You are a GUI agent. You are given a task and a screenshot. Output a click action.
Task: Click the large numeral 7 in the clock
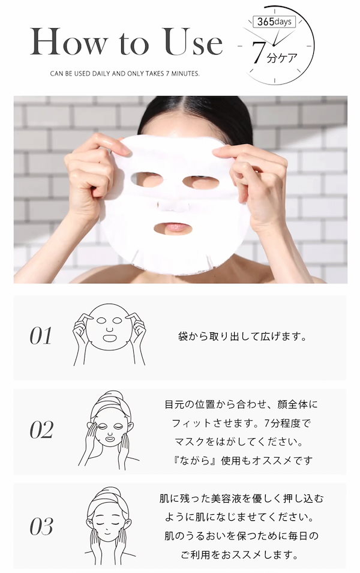[x=258, y=53]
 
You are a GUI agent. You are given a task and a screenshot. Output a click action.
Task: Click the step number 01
[x=41, y=336]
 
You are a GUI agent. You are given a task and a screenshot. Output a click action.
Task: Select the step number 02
[x=41, y=430]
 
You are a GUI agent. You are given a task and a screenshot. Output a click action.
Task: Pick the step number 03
[x=41, y=527]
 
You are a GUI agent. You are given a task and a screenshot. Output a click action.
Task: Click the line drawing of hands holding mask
[x=109, y=336]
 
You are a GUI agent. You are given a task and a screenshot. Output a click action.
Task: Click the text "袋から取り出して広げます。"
[x=242, y=336]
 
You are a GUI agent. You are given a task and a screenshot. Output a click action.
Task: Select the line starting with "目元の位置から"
[x=241, y=404]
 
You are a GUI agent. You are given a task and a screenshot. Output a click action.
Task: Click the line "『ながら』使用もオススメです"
[x=241, y=461]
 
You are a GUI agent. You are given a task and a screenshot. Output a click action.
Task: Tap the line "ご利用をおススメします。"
[x=241, y=554]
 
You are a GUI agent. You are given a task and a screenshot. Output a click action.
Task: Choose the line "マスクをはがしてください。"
[x=241, y=442]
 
